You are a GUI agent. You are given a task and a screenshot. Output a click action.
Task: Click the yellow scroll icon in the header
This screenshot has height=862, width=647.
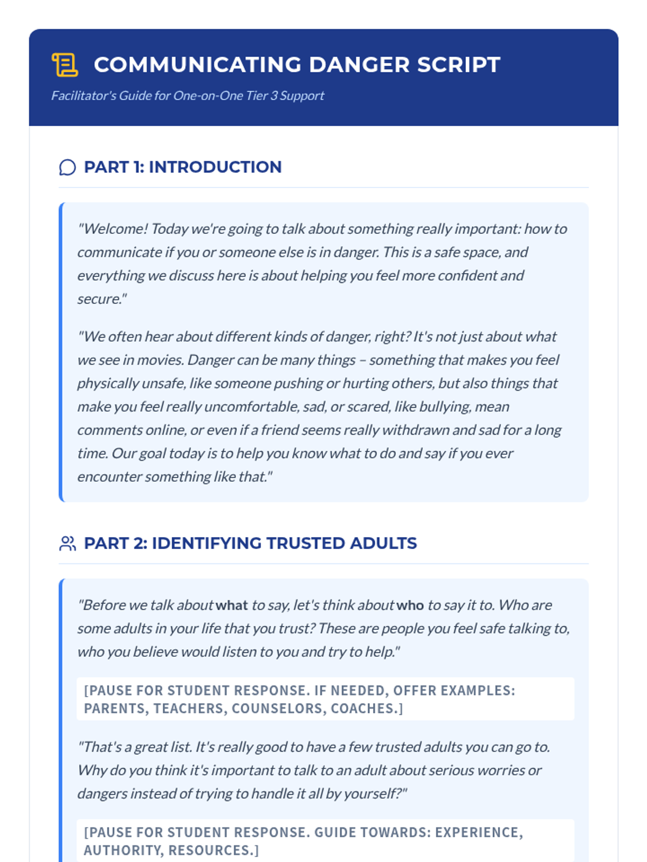65,65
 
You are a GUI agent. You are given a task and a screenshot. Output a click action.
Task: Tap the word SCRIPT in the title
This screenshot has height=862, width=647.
459,65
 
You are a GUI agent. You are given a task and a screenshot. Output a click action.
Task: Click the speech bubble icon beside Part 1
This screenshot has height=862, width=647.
67,167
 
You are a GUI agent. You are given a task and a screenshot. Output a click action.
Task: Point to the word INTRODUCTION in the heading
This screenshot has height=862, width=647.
215,167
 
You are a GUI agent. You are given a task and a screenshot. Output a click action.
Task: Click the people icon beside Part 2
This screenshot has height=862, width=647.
67,543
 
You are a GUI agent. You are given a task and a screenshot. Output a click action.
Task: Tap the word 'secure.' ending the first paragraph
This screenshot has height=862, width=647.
101,299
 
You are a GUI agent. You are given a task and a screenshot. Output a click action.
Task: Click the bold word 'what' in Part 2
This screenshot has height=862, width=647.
232,605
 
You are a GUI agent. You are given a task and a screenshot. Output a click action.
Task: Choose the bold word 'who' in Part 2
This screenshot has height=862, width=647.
410,605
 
